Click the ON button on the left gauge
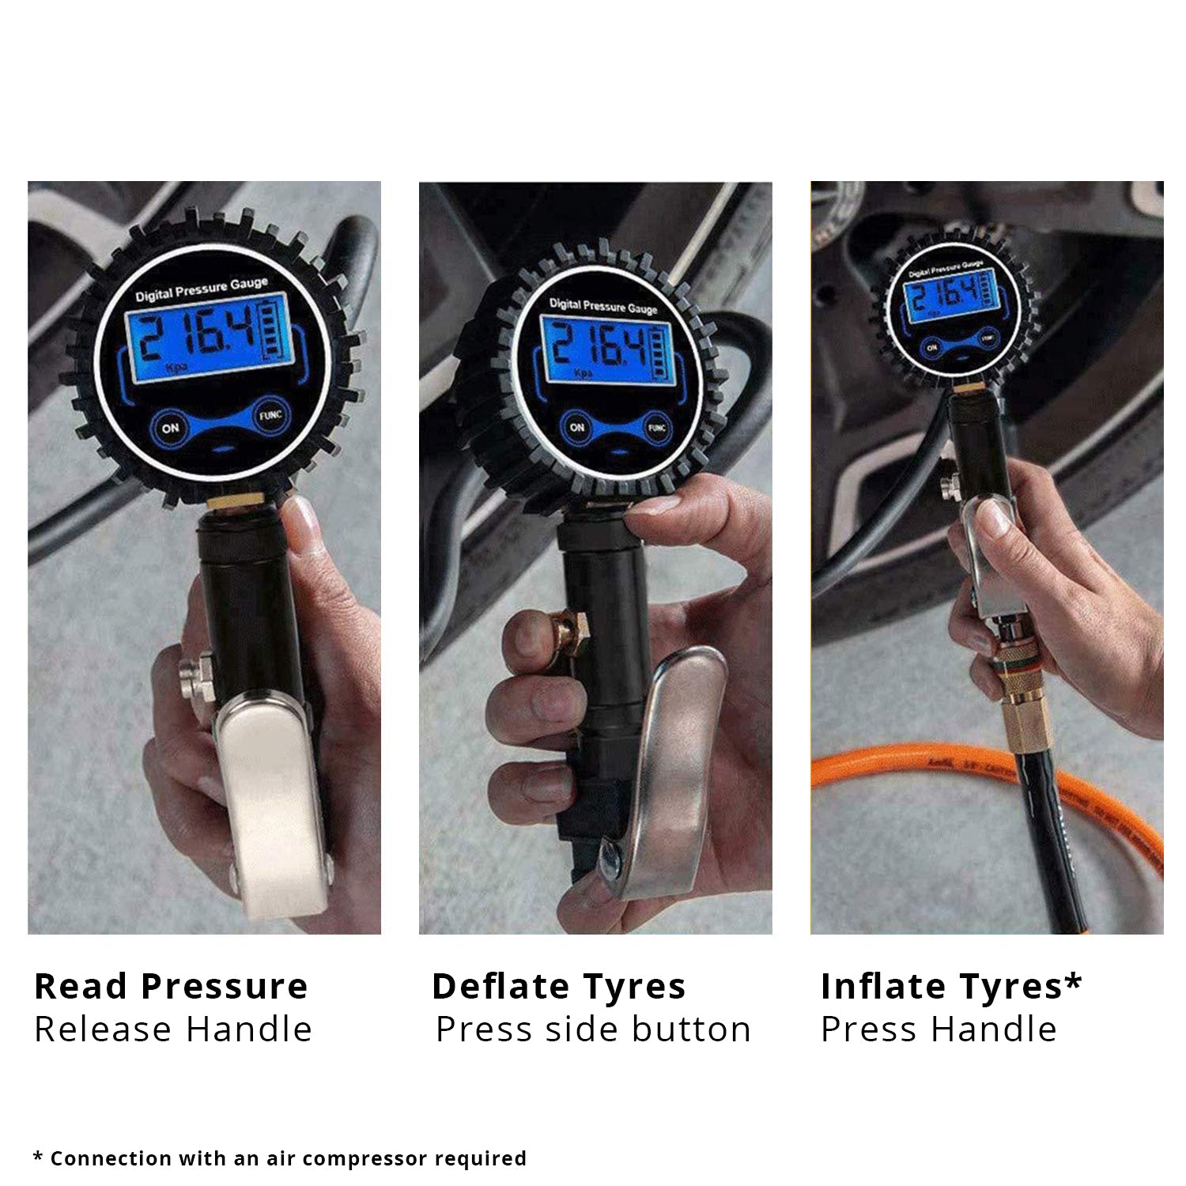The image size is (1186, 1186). pyautogui.click(x=171, y=428)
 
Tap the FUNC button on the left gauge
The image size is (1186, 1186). pyautogui.click(x=270, y=415)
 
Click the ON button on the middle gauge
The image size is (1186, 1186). pyautogui.click(x=577, y=427)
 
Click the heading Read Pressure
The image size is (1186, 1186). pyautogui.click(x=171, y=986)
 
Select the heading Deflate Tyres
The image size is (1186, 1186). pyautogui.click(x=558, y=986)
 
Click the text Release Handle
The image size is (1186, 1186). pyautogui.click(x=173, y=1029)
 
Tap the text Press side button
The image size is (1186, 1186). pyautogui.click(x=593, y=1029)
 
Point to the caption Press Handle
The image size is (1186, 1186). pyautogui.click(x=939, y=1029)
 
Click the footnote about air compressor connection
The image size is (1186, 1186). pyautogui.click(x=280, y=1158)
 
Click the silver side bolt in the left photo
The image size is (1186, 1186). pyautogui.click(x=197, y=676)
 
